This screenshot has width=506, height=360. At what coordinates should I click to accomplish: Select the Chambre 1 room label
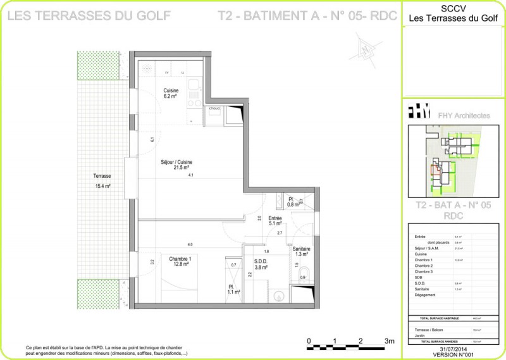tap(180, 261)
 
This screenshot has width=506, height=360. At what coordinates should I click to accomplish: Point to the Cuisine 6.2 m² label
tap(171, 94)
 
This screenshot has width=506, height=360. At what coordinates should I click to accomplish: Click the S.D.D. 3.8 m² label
tap(261, 264)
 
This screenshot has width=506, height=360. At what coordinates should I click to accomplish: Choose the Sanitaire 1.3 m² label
tap(302, 252)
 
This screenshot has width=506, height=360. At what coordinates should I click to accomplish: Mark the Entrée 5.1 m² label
tap(275, 220)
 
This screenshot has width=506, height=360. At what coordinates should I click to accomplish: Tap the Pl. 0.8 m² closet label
tap(293, 202)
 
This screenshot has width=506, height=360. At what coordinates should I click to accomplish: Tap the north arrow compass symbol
tap(366, 48)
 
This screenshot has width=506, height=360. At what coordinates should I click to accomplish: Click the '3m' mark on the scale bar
tap(389, 341)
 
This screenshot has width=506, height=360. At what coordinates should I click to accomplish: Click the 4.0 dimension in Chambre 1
tap(189, 244)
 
